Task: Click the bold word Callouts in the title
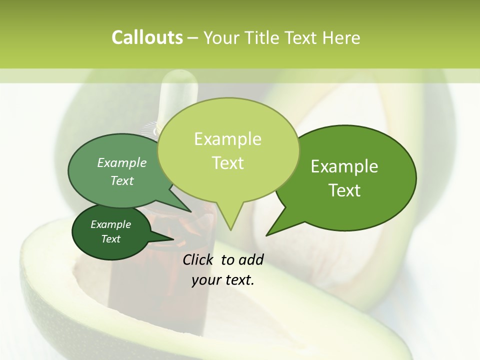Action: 147,38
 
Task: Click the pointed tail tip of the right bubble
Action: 266,235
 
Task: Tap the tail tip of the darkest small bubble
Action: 173,239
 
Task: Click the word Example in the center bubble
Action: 227,139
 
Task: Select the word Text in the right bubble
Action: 344,190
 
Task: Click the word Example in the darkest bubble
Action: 110,224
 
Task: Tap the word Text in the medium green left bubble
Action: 122,180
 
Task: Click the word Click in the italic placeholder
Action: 198,259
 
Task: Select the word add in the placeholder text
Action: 250,259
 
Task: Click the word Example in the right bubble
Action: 344,166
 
